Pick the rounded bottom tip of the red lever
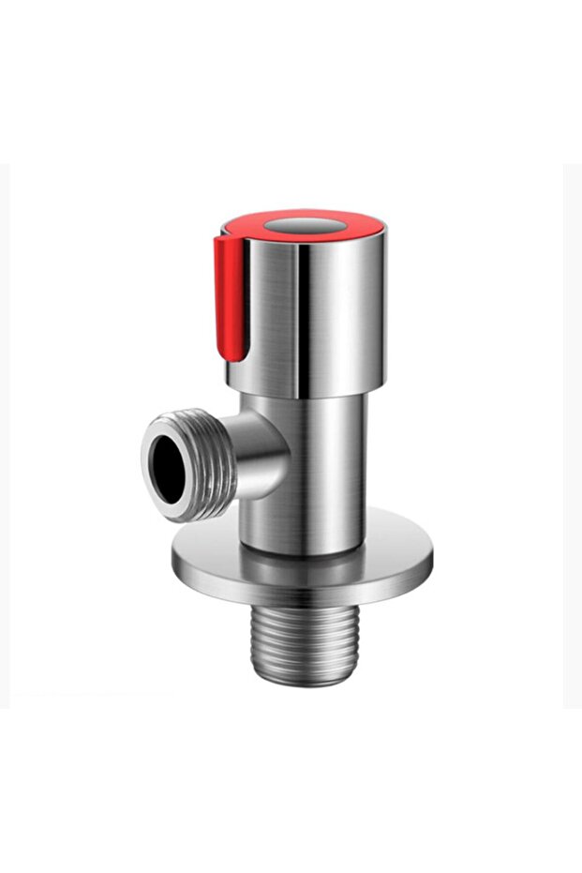[236, 356]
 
